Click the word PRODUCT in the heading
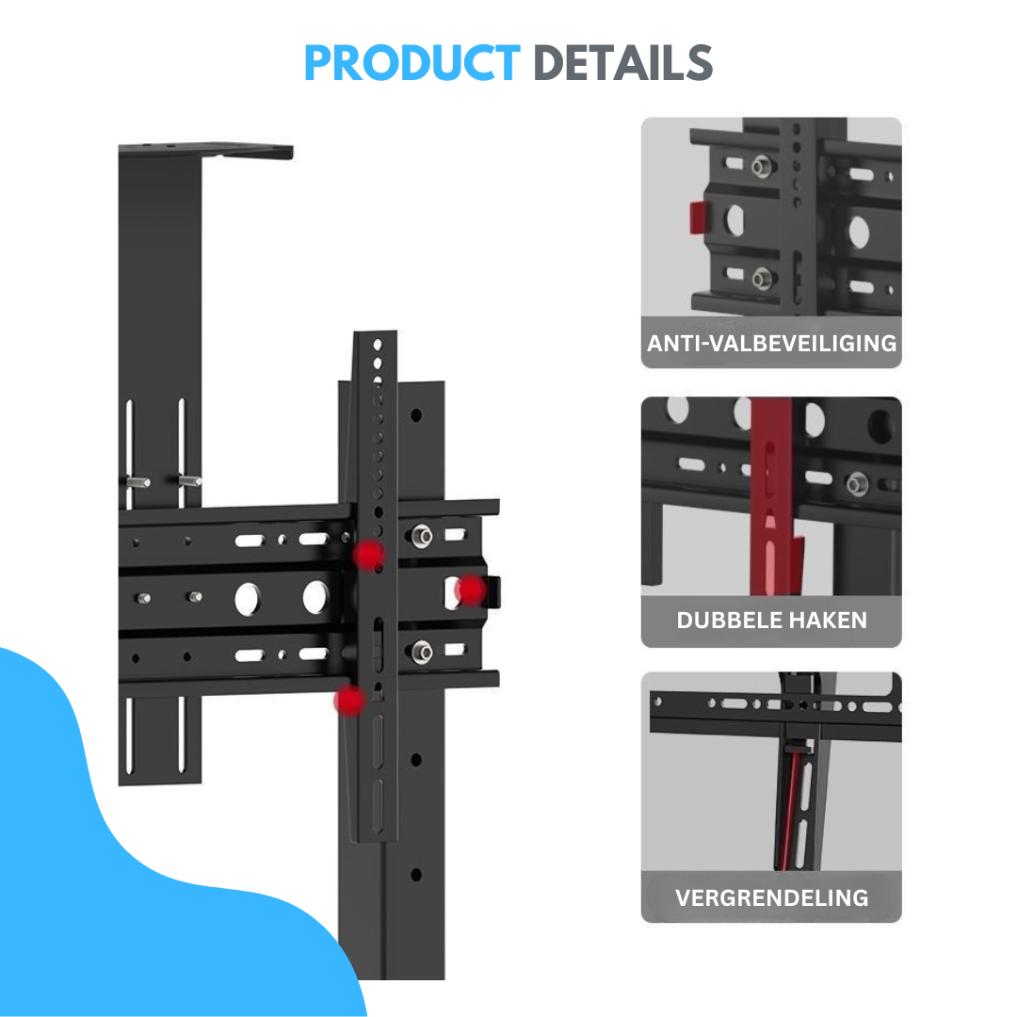tap(412, 63)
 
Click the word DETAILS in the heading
tap(622, 63)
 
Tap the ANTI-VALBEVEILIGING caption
tap(772, 343)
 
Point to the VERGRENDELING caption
tap(772, 898)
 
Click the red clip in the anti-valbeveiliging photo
tap(698, 218)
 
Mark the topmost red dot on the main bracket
tap(368, 555)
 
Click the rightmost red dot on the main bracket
tap(470, 589)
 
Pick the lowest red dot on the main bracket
tap(349, 701)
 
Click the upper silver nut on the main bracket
tap(422, 537)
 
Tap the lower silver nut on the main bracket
tap(422, 652)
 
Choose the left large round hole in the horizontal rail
tap(247, 599)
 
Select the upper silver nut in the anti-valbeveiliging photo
tap(762, 167)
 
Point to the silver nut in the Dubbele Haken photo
tap(857, 484)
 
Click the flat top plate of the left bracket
tap(205, 150)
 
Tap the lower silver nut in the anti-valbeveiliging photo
tap(762, 279)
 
